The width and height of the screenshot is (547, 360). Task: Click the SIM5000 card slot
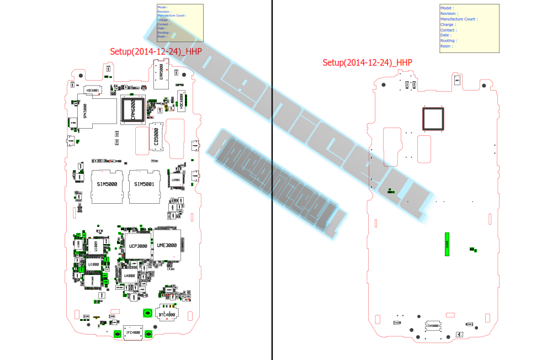point(106,185)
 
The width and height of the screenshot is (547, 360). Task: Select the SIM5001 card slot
point(144,185)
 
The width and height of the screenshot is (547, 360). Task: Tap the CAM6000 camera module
point(133,109)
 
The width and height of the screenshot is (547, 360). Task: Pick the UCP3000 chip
point(138,246)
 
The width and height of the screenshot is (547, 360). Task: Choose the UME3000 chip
point(167,245)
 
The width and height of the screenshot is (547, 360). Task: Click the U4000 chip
point(130,276)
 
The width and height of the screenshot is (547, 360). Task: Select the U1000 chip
point(93,264)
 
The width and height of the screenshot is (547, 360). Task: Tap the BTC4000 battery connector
point(167,315)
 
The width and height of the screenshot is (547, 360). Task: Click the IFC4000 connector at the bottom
point(132,333)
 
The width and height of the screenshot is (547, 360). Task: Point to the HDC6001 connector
point(93,90)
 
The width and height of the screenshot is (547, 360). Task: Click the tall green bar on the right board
point(447,244)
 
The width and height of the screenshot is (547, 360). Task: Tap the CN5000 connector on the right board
point(433,326)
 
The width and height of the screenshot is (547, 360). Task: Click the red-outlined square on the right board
point(433,119)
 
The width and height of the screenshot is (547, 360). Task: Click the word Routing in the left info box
point(163,33)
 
